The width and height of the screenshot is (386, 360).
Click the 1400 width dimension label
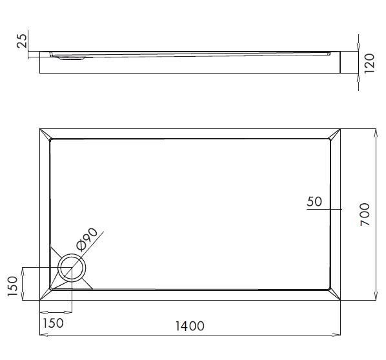(x=190, y=326)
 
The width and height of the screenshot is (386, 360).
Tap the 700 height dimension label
(x=365, y=214)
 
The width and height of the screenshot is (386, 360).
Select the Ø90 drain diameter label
(x=87, y=239)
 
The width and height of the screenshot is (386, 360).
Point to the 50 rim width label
(x=314, y=201)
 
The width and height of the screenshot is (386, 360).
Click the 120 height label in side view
(x=369, y=63)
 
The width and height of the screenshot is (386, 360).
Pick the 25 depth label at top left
(x=21, y=41)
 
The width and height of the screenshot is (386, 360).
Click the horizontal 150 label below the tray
(x=53, y=323)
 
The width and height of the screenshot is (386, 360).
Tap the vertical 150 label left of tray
(x=12, y=286)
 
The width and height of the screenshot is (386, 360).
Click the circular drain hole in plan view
(x=72, y=268)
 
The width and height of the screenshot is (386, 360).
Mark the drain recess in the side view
(x=72, y=58)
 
